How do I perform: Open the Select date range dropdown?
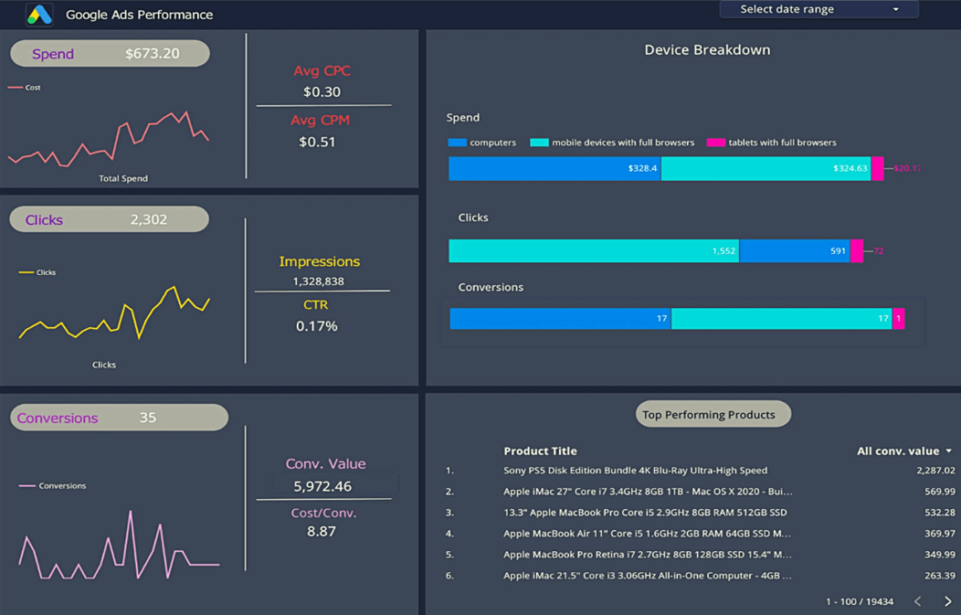818,9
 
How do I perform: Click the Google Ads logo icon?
39,15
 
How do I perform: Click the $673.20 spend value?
153,54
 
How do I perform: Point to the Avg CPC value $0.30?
322,91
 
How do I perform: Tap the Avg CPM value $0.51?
317,142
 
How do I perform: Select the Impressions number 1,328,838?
318,281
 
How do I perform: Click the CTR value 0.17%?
317,326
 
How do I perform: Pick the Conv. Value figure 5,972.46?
322,486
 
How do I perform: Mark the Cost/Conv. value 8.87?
322,531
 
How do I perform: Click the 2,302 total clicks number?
148,219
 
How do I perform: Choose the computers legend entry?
482,143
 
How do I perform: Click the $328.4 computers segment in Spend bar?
554,168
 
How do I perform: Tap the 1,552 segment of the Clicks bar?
594,250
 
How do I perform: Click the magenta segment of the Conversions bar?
899,318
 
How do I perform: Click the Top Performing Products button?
709,415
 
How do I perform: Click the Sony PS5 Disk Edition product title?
635,471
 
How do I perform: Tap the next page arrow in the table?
947,601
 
